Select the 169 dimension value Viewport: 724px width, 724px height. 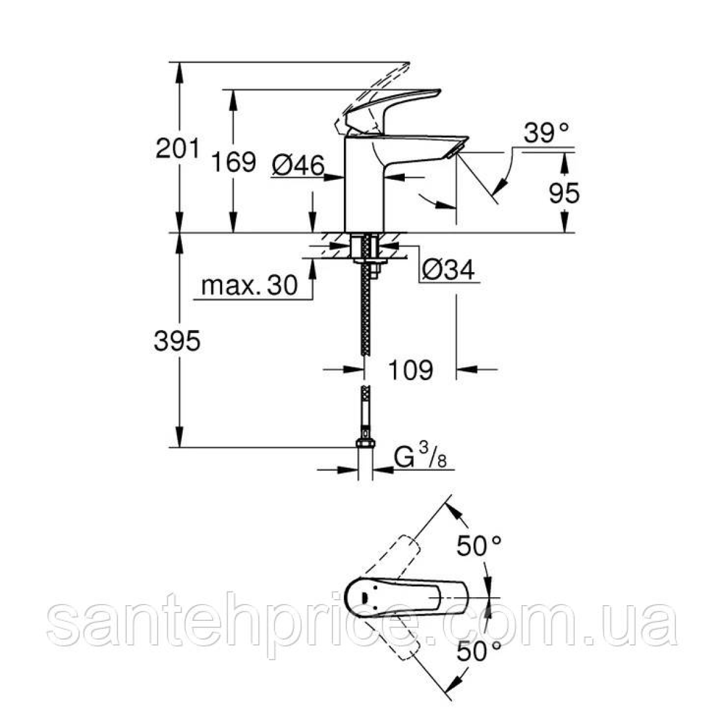point(233,162)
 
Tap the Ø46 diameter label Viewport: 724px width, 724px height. point(297,166)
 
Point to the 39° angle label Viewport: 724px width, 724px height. point(546,133)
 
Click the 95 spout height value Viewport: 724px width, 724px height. point(564,193)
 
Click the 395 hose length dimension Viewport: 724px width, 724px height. point(177,341)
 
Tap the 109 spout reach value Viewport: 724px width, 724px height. point(410,370)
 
